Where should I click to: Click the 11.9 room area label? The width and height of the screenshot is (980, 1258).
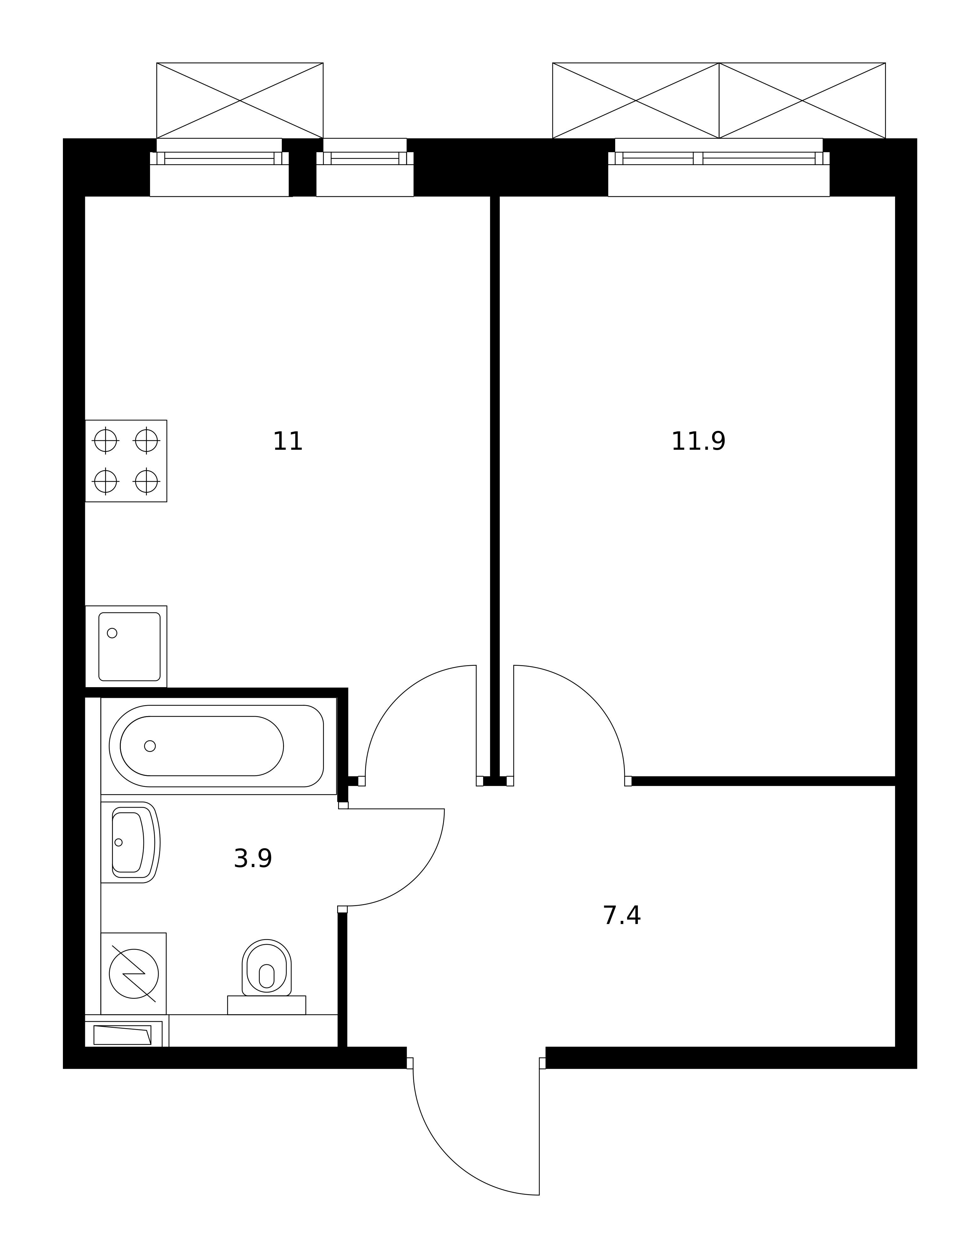click(x=698, y=442)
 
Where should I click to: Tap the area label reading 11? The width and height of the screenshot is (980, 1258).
click(x=287, y=442)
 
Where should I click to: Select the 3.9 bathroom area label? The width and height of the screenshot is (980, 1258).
click(x=253, y=859)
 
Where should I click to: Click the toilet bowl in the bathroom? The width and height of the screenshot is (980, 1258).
click(x=267, y=968)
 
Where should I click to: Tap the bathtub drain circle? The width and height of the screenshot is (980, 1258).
click(x=150, y=746)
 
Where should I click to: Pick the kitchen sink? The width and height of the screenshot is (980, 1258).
click(x=126, y=646)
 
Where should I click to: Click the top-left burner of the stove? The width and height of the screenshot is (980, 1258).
click(x=105, y=441)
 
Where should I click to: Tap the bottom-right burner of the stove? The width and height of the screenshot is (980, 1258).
click(x=146, y=481)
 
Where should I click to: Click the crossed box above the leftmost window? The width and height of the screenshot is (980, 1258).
click(x=240, y=100)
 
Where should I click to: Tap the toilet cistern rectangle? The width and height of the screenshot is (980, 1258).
click(x=267, y=1005)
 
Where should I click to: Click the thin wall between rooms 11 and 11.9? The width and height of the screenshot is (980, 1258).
click(x=494, y=487)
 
